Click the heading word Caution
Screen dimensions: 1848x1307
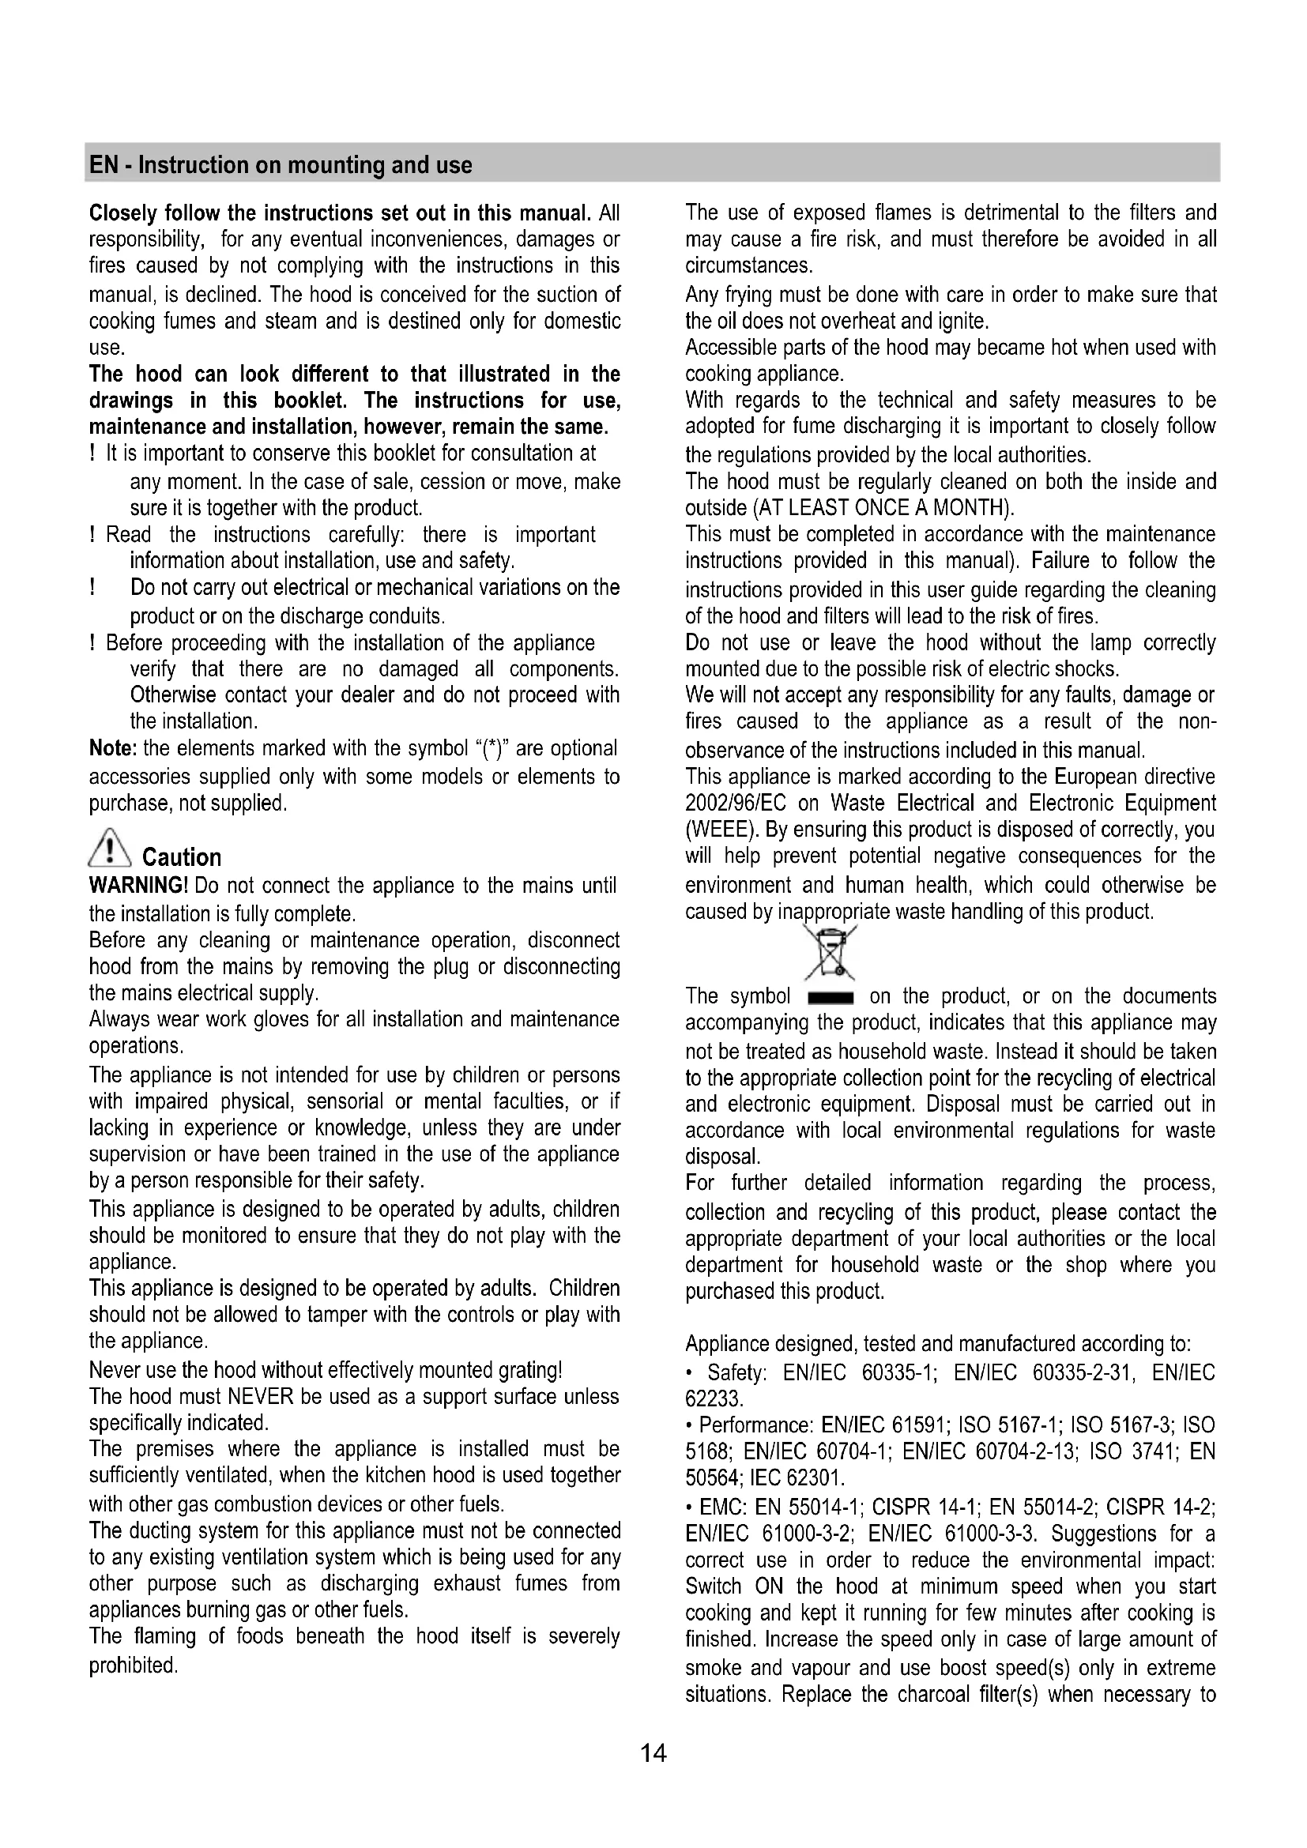pyautogui.click(x=181, y=857)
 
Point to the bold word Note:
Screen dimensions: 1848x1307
pyautogui.click(x=114, y=748)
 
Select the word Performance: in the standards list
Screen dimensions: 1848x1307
pyautogui.click(x=756, y=1425)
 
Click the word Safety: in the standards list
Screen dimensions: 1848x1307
pyautogui.click(x=736, y=1372)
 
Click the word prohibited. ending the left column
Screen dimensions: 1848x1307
pyautogui.click(x=133, y=1665)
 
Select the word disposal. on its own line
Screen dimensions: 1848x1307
pyautogui.click(x=722, y=1157)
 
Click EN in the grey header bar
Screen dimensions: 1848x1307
pyautogui.click(x=102, y=165)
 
